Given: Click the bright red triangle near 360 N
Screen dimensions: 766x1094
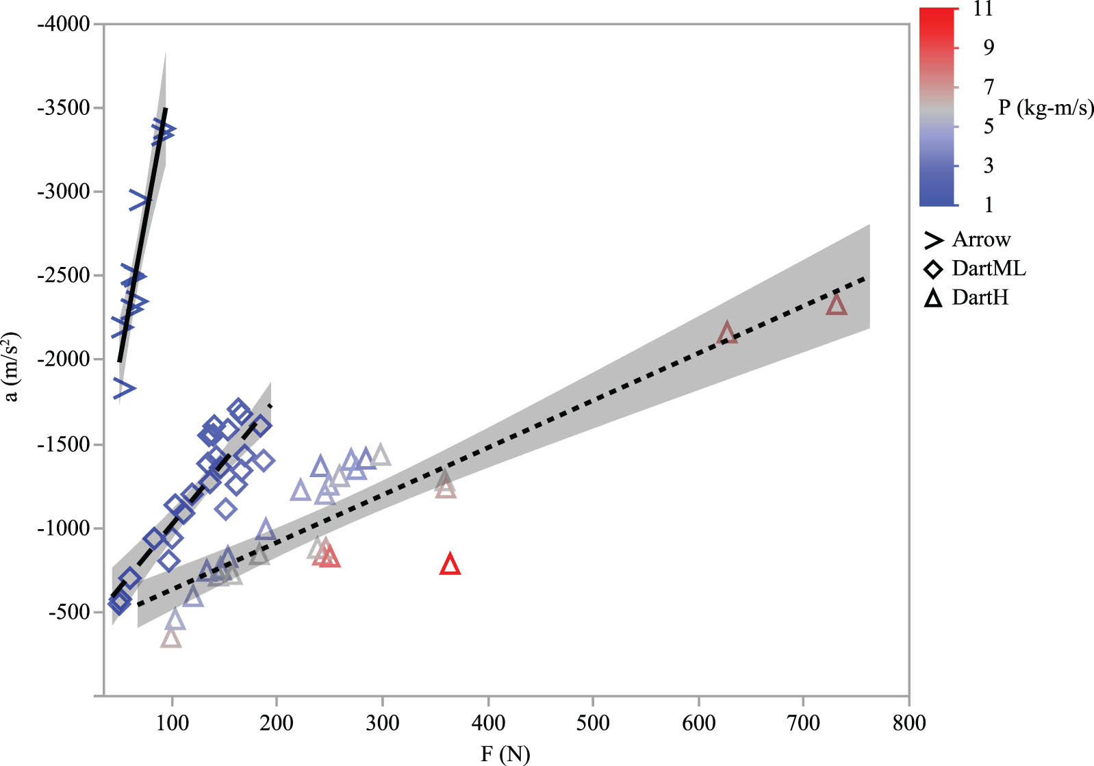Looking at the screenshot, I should coord(450,565).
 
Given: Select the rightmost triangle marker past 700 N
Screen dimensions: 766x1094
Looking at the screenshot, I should coord(836,305).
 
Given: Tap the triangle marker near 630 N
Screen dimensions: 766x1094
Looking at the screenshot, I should coord(727,334).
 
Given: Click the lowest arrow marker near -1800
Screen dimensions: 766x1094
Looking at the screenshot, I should coord(125,387).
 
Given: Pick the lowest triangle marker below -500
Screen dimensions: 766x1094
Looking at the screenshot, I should coord(170,639).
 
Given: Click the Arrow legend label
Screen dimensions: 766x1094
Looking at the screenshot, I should coord(981,240).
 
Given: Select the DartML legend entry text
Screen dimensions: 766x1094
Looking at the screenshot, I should coord(989,268).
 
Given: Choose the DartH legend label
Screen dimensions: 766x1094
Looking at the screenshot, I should coord(980,298).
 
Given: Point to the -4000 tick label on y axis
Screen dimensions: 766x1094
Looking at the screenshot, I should coord(64,24).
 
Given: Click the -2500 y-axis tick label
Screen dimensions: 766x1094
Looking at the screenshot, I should coord(64,275).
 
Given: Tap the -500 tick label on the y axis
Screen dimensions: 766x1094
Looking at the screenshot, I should coord(69,612).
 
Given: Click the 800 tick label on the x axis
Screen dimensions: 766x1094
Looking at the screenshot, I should coord(908,723).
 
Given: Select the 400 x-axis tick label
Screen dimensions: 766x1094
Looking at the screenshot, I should coord(488,723).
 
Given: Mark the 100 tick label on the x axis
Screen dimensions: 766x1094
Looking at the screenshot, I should coord(173,723).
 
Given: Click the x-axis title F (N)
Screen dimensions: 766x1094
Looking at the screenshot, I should coord(505,754).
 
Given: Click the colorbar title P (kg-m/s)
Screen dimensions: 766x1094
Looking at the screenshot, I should coord(1045,107).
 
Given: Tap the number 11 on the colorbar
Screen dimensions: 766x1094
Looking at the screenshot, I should coord(982,10).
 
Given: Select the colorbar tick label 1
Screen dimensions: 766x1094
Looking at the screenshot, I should coord(988,205).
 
